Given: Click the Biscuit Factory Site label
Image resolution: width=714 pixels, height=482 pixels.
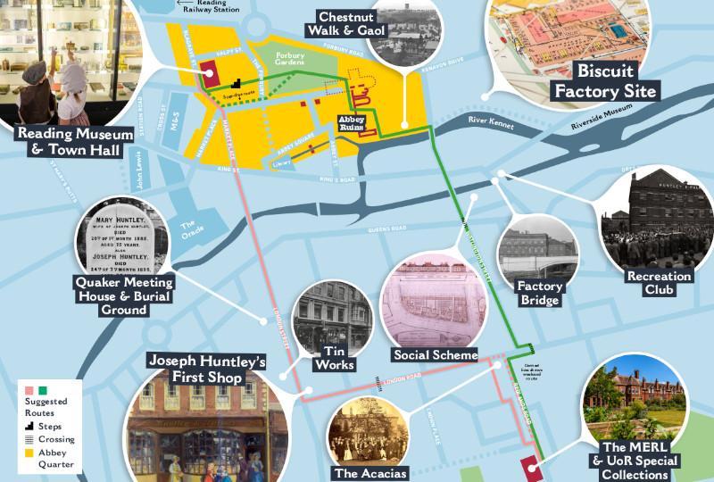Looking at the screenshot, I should click(x=605, y=80).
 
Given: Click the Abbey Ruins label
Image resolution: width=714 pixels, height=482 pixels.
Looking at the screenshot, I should click(x=350, y=123).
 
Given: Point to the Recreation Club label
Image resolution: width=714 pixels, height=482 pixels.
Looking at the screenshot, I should click(x=659, y=284).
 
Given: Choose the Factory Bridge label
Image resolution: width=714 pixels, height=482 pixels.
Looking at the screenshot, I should click(x=538, y=294).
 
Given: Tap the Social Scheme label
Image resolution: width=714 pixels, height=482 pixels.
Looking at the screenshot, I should click(x=436, y=354).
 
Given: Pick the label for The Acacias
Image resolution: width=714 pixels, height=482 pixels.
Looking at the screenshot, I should click(x=369, y=473).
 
